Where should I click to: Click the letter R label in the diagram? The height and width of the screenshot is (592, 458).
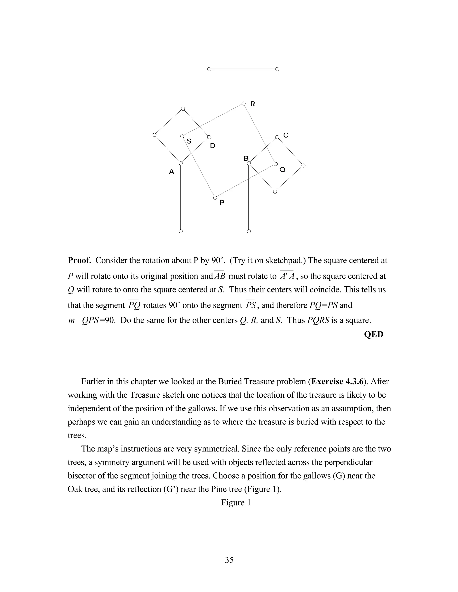[x=253, y=104]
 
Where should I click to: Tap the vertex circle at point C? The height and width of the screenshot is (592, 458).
[x=277, y=137]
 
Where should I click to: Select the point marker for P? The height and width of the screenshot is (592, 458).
[x=215, y=198]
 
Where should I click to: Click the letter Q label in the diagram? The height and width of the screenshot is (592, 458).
[x=282, y=170]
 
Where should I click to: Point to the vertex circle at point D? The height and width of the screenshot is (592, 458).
[x=209, y=137]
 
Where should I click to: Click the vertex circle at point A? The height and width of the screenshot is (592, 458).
[x=181, y=163]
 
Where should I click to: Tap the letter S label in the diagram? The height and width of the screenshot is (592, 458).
[x=189, y=141]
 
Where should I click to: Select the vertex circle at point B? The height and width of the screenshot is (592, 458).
[x=249, y=163]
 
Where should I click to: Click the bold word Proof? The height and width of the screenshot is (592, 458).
[x=79, y=260]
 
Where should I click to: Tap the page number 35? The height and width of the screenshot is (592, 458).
[x=229, y=560]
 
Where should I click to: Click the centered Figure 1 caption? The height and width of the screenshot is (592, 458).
[x=236, y=503]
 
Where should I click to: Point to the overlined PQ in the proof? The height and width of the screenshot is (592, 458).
[x=134, y=305]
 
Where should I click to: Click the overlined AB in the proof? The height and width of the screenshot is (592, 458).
[x=220, y=276]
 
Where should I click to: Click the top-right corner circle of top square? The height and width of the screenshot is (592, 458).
[x=277, y=69]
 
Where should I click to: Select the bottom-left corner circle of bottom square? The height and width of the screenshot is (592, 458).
[x=181, y=231]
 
